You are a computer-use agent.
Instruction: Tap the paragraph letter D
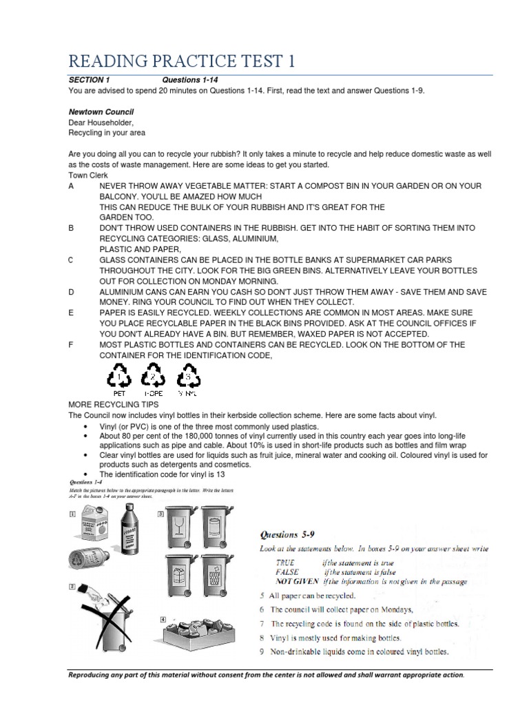(x=71, y=291)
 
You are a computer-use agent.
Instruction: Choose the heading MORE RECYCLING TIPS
(x=114, y=405)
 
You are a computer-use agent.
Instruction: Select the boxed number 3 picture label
(x=160, y=513)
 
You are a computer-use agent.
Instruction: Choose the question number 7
(x=262, y=624)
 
